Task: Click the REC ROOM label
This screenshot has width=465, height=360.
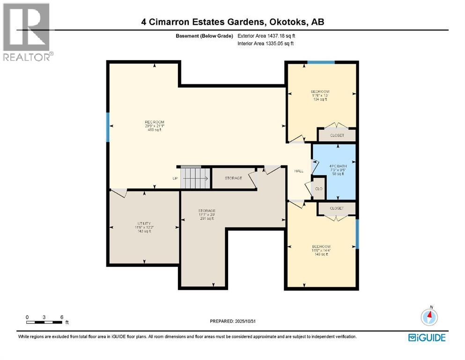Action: (154, 126)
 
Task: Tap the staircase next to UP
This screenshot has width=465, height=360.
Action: (194, 177)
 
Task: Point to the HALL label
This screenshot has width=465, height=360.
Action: (298, 171)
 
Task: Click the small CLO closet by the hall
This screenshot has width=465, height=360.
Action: (319, 188)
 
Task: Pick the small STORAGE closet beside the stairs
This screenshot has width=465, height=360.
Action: (233, 178)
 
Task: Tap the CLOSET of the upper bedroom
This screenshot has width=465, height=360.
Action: (337, 135)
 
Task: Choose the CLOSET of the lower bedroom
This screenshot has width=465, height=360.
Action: (336, 208)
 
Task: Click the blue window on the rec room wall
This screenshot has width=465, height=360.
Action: (108, 127)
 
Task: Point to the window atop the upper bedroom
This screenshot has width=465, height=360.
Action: (321, 62)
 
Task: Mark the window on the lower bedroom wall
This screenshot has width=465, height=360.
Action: (357, 234)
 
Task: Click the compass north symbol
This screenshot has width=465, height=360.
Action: (429, 317)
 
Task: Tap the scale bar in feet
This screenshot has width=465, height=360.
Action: (44, 322)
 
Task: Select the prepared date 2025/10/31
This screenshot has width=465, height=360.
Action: (232, 321)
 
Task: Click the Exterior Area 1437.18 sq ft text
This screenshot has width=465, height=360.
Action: (266, 36)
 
